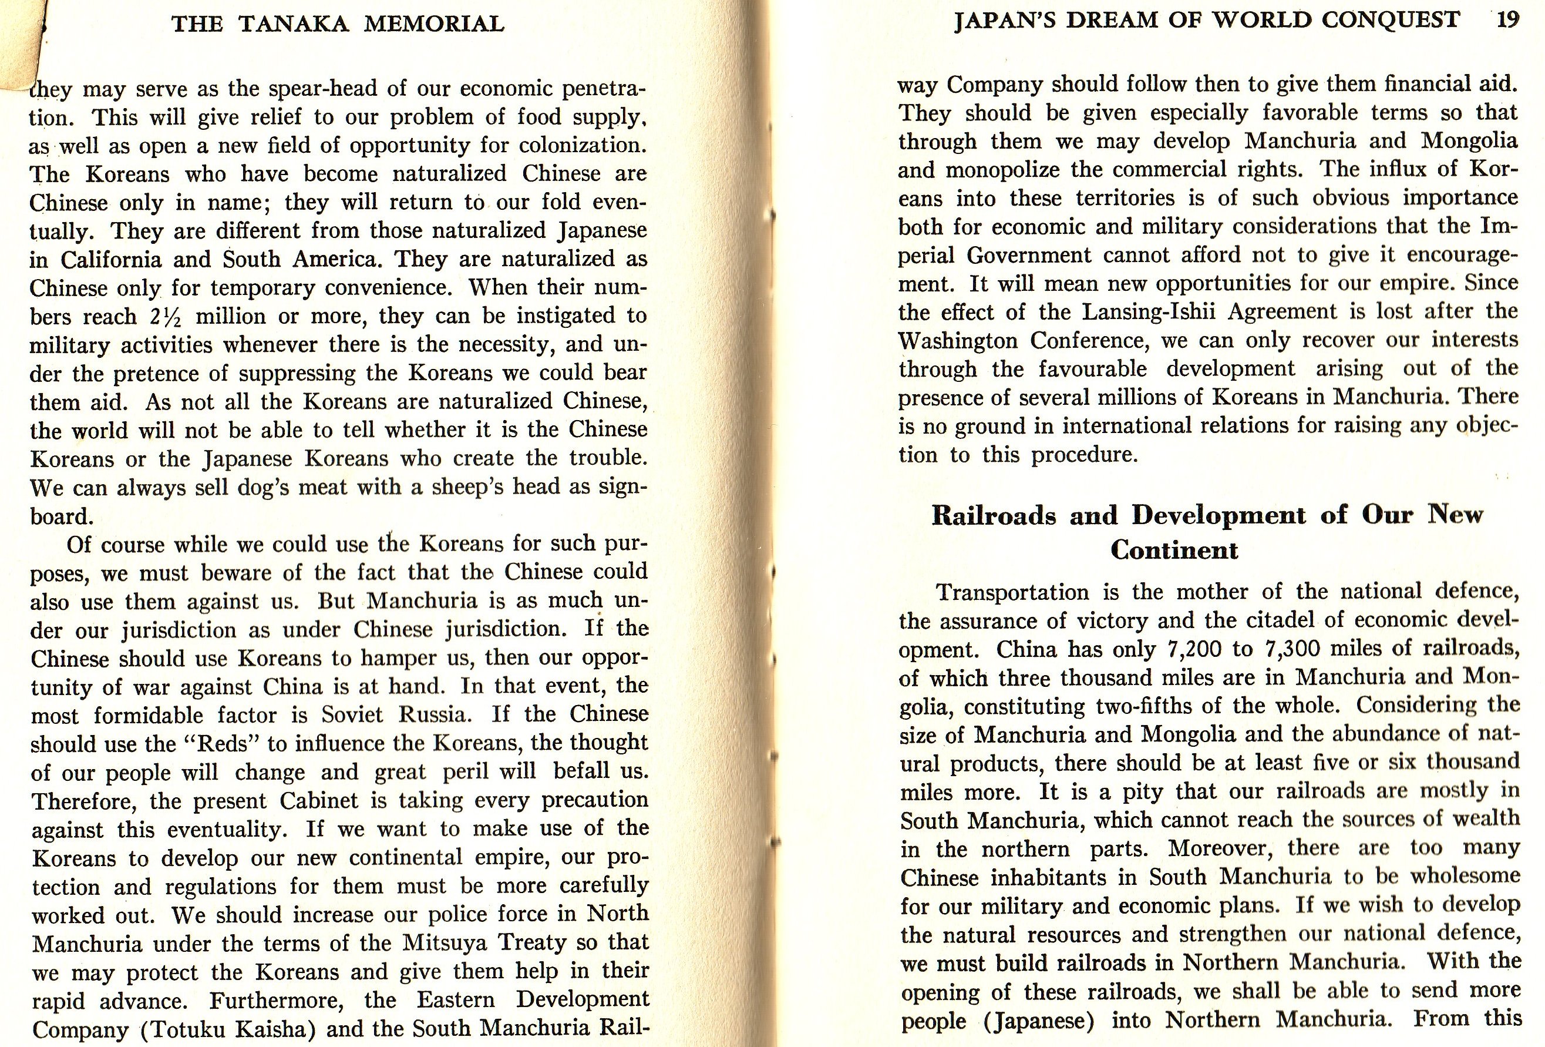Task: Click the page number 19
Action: (x=1509, y=20)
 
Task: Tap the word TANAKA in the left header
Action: (x=293, y=24)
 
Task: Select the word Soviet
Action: (x=352, y=714)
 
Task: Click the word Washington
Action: (x=958, y=341)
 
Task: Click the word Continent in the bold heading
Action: (x=1174, y=550)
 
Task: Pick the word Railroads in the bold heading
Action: (x=993, y=515)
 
